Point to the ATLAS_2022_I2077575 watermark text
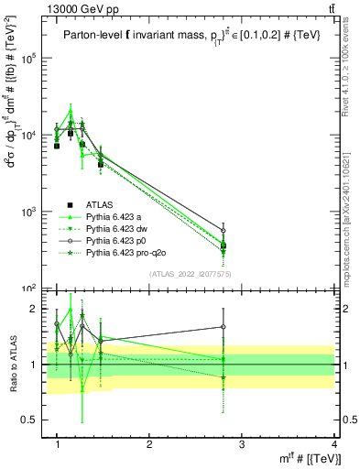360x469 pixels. click(191, 274)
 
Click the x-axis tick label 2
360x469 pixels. click(149, 443)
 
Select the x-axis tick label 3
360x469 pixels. click(242, 443)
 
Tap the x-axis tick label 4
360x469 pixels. click(333, 443)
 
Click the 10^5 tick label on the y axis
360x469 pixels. click(36, 58)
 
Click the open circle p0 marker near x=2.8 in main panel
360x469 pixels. click(224, 230)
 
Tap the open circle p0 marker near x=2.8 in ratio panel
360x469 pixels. click(224, 327)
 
